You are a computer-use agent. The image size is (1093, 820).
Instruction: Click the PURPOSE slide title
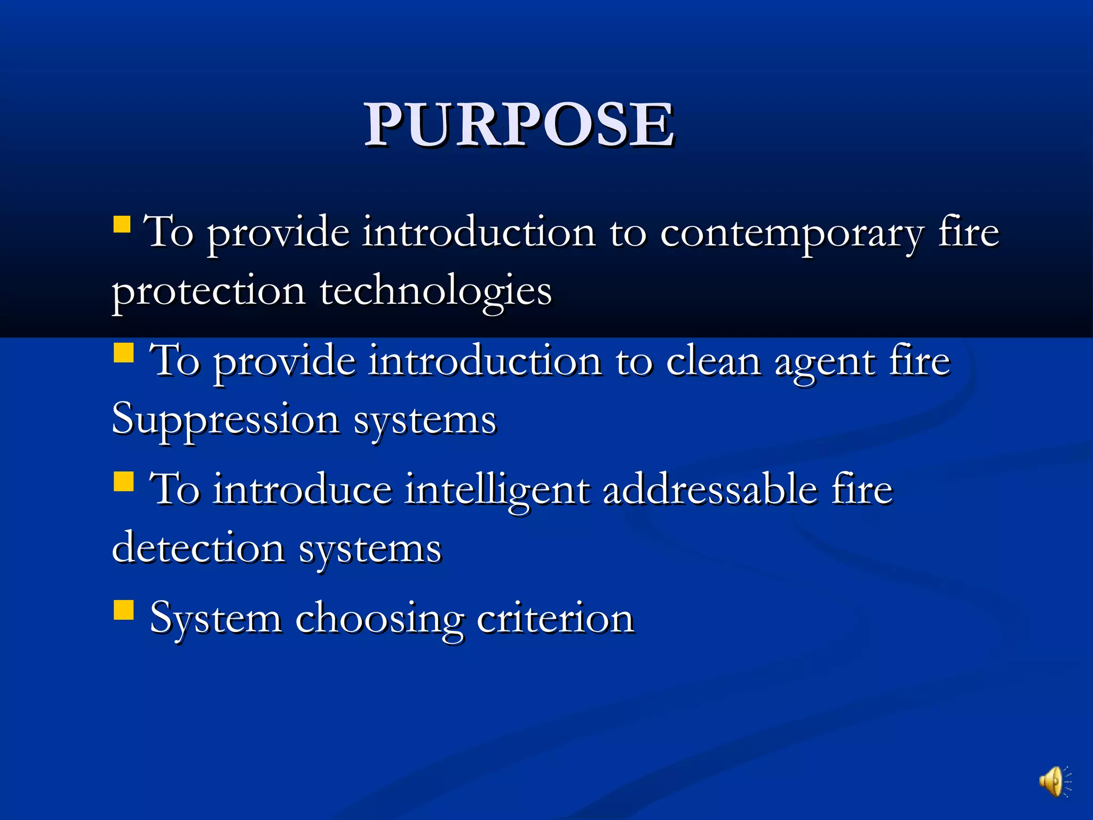pos(519,124)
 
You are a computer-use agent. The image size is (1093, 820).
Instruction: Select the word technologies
pos(435,291)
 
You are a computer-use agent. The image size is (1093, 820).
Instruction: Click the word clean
pos(714,362)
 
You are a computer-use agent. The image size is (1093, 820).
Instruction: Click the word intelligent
pos(497,490)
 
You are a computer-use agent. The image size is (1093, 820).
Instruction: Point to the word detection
pos(198,549)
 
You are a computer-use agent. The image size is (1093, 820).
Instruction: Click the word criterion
pos(555,618)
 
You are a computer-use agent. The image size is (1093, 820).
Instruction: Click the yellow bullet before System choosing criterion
pos(123,610)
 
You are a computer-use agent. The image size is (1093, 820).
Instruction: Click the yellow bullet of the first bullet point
pos(122,224)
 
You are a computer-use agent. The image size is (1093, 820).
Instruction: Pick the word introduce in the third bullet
pos(302,490)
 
